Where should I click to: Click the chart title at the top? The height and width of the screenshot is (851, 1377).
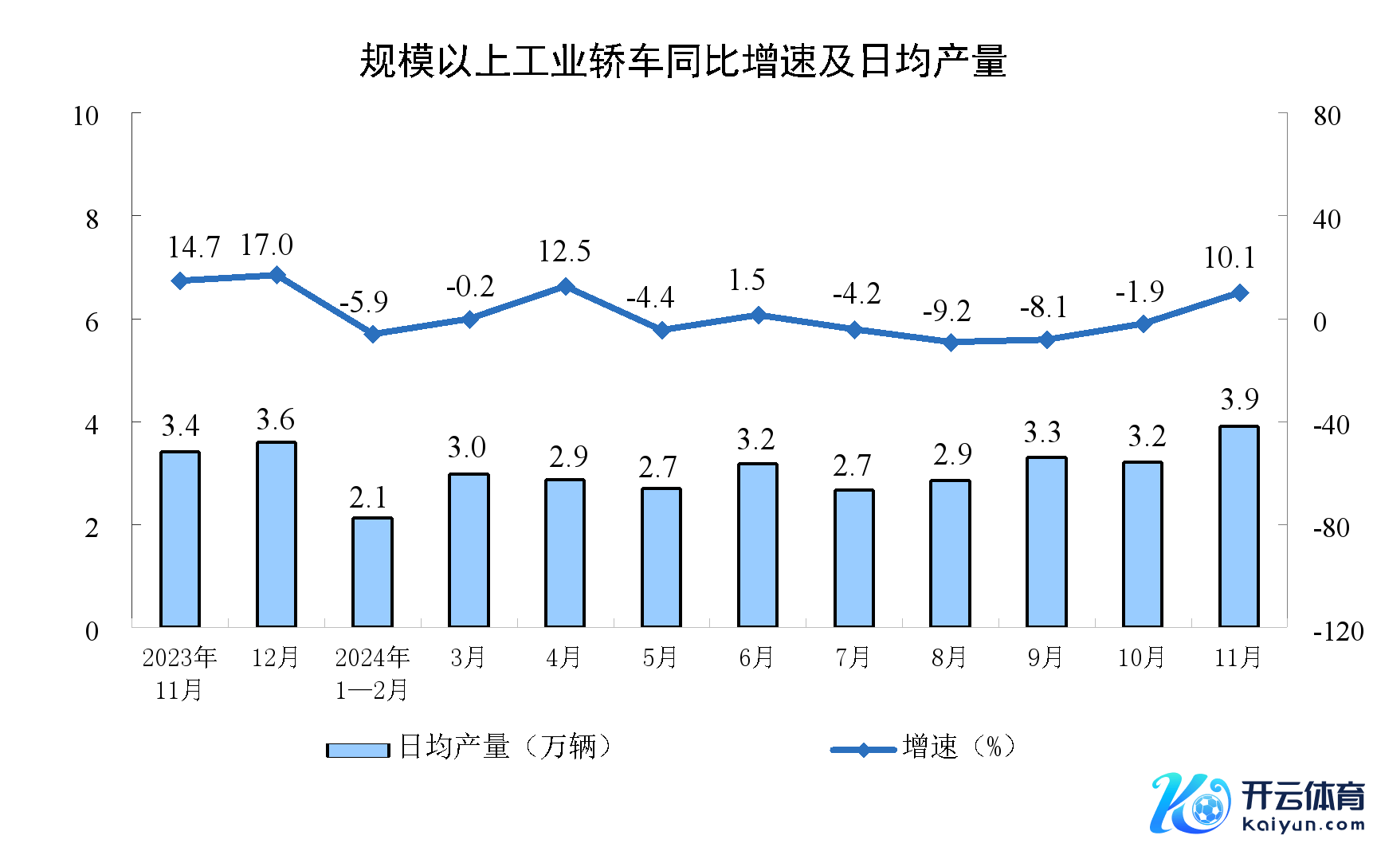click(683, 61)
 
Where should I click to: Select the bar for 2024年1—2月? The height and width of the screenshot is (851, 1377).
click(372, 572)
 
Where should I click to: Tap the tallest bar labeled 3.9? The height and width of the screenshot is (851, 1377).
click(1239, 526)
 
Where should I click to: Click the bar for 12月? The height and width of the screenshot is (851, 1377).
click(276, 534)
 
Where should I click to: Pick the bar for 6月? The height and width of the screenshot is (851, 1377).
click(758, 545)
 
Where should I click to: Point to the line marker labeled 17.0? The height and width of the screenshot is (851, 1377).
click(277, 275)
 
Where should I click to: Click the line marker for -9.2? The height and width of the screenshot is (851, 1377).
click(951, 343)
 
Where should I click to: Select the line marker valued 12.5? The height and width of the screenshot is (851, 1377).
click(565, 286)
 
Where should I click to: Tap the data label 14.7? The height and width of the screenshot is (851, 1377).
click(194, 248)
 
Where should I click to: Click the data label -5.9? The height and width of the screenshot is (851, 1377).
click(363, 302)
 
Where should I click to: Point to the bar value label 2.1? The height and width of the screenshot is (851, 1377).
click(368, 498)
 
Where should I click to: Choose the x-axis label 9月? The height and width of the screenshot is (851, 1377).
click(1045, 657)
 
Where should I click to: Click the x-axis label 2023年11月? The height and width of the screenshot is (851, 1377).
click(179, 673)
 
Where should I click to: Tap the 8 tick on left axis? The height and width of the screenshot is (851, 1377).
click(92, 219)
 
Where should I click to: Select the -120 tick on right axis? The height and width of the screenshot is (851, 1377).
click(1338, 632)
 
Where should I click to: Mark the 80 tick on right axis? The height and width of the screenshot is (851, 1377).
click(1327, 116)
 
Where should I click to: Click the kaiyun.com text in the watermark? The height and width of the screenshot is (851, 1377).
click(1303, 825)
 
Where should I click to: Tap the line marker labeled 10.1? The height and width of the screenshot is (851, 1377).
click(1239, 293)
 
